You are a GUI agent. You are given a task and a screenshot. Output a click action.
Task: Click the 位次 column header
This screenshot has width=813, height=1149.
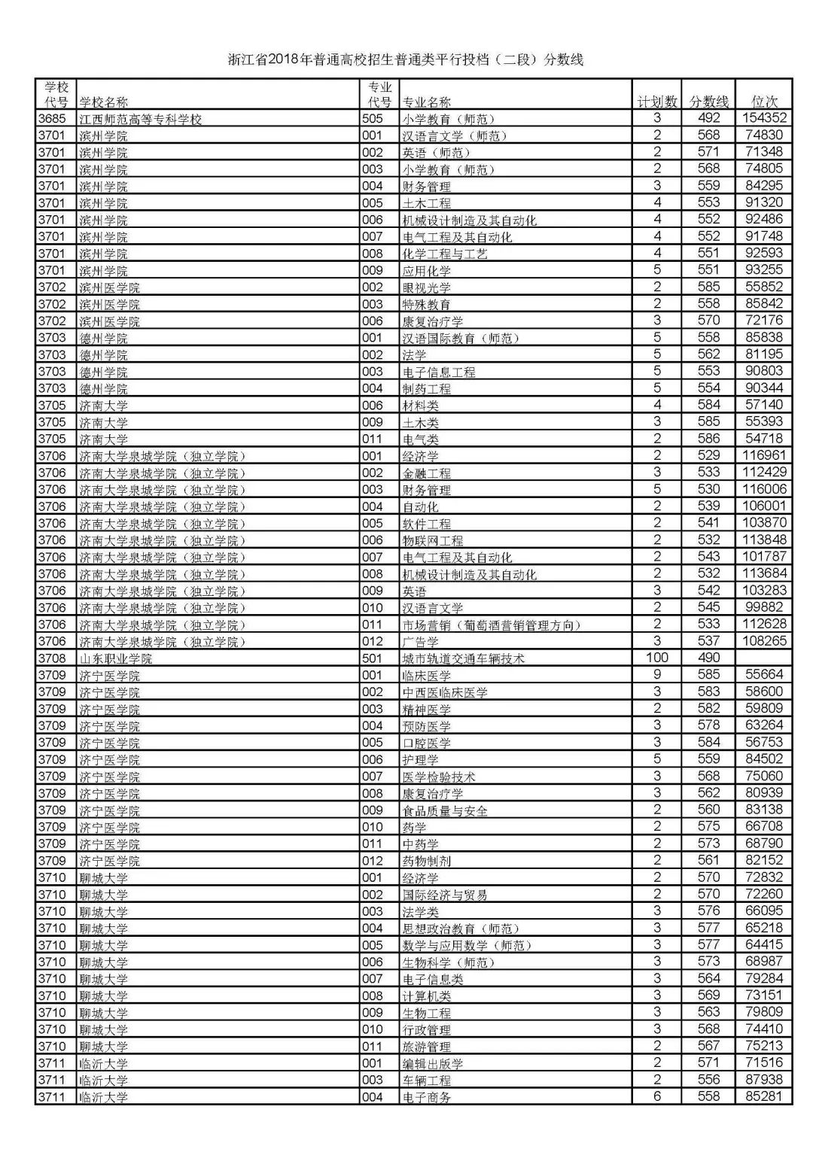(764, 102)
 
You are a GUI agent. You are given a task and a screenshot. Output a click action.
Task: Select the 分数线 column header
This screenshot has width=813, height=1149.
(708, 102)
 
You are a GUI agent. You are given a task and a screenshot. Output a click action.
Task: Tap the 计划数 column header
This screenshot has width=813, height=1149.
(656, 102)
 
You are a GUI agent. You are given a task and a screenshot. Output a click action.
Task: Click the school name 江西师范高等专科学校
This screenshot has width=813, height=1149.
(141, 119)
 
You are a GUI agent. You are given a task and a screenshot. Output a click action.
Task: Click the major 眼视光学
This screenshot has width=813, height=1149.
(426, 287)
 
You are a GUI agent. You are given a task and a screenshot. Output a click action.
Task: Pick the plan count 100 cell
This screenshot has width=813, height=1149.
(656, 658)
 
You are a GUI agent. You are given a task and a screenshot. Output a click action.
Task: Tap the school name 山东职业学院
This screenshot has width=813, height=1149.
(116, 658)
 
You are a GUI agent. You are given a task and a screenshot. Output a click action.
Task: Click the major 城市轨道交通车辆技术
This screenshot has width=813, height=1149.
(463, 658)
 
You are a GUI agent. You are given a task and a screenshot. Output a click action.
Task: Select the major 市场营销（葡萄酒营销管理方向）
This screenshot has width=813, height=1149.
(492, 625)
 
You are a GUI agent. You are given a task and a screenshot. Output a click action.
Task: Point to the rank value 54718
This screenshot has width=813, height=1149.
(764, 438)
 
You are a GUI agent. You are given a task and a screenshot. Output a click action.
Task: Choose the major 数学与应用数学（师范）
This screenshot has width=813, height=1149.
(467, 945)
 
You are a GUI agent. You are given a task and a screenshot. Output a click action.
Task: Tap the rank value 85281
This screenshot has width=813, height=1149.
(764, 1096)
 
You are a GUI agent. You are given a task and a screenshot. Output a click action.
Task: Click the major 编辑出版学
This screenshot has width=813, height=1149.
(432, 1063)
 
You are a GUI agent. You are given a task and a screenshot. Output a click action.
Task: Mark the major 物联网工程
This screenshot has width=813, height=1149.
(432, 540)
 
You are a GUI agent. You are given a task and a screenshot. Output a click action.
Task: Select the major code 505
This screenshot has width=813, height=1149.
(373, 119)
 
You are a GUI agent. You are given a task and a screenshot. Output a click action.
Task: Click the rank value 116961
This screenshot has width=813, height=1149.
(764, 455)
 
